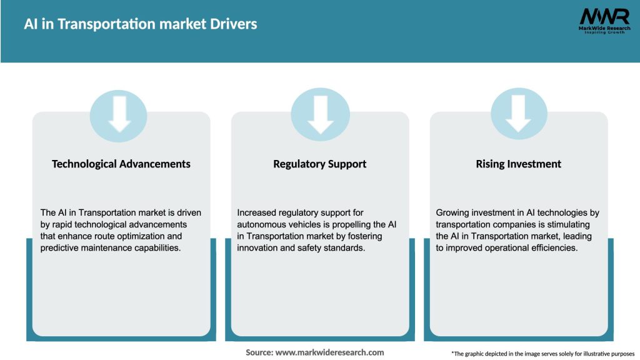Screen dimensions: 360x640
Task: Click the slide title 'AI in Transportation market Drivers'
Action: click(x=141, y=24)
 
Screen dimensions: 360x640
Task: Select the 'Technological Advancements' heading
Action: click(x=121, y=164)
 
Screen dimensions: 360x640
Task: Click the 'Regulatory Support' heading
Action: click(x=319, y=164)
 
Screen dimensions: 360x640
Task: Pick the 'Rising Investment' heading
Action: click(x=518, y=164)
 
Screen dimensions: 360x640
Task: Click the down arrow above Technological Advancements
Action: click(x=119, y=113)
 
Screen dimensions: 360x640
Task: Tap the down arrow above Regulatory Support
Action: click(x=320, y=113)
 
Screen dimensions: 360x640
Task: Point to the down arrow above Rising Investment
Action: click(x=519, y=113)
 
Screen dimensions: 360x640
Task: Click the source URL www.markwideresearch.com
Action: click(x=329, y=352)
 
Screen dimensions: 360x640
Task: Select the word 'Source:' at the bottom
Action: click(x=259, y=352)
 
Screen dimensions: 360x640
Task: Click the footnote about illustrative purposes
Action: click(x=542, y=354)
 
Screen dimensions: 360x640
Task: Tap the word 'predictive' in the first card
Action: click(x=61, y=248)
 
